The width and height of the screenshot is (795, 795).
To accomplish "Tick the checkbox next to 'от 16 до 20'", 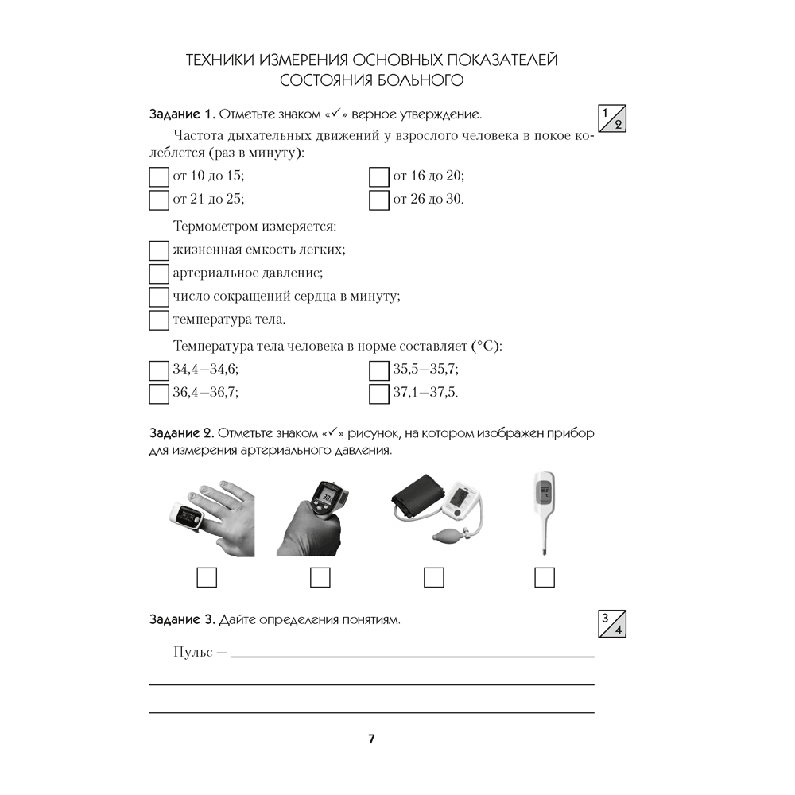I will [379, 176].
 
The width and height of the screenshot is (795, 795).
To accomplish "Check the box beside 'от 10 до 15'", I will [159, 176].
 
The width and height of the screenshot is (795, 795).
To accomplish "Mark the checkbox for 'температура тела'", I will [159, 320].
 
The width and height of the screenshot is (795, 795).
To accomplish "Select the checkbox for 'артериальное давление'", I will [159, 274].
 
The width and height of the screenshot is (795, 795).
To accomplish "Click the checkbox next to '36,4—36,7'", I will [159, 393].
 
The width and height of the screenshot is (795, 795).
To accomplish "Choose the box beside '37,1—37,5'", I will [379, 393].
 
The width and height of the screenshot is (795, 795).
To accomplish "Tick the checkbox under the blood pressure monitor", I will [433, 577].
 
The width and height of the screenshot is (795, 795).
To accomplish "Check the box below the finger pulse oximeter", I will [207, 577].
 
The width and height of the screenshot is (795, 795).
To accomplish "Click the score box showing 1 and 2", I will [611, 118].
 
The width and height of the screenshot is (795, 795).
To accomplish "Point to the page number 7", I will [371, 739].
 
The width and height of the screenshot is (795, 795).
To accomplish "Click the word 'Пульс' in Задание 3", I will [193, 652].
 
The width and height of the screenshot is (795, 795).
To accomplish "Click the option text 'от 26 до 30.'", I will [429, 200].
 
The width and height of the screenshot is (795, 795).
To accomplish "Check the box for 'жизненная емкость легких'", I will [159, 251].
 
